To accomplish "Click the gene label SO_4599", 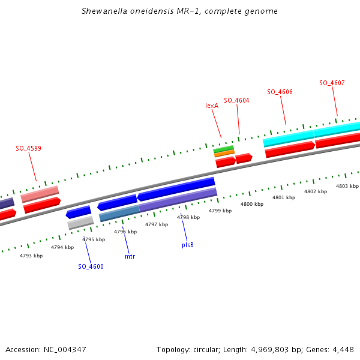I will [28, 148].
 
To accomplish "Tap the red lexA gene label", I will [212, 106].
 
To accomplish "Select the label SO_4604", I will [236, 100].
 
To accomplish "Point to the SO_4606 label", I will [280, 92].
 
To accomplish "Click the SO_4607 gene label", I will [332, 83].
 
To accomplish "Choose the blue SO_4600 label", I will [91, 266].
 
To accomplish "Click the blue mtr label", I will [130, 256].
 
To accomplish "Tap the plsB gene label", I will [188, 245].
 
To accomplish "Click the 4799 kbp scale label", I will [220, 211].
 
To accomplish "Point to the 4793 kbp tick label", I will [31, 256].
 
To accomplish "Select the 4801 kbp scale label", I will [284, 197].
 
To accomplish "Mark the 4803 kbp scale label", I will [347, 186].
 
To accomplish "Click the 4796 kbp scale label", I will [125, 232].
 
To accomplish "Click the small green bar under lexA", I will [224, 148].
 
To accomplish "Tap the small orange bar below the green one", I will [224, 154].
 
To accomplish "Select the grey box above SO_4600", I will [80, 223].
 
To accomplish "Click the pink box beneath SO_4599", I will [40, 194].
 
